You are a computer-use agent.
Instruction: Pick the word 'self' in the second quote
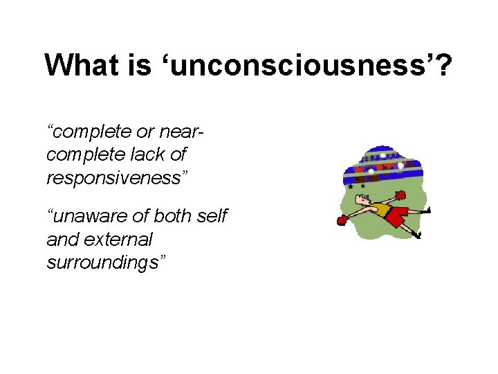(x=212, y=217)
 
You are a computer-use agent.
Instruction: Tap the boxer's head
(x=361, y=200)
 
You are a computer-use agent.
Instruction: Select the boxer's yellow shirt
(x=380, y=210)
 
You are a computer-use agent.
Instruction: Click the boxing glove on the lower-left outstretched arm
(x=341, y=221)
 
